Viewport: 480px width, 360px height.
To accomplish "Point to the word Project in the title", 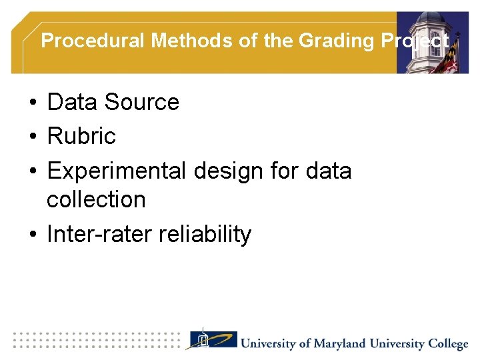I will (x=415, y=41).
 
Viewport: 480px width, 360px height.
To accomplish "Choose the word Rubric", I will (x=81, y=137).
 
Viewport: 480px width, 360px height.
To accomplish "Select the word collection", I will (x=96, y=199).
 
